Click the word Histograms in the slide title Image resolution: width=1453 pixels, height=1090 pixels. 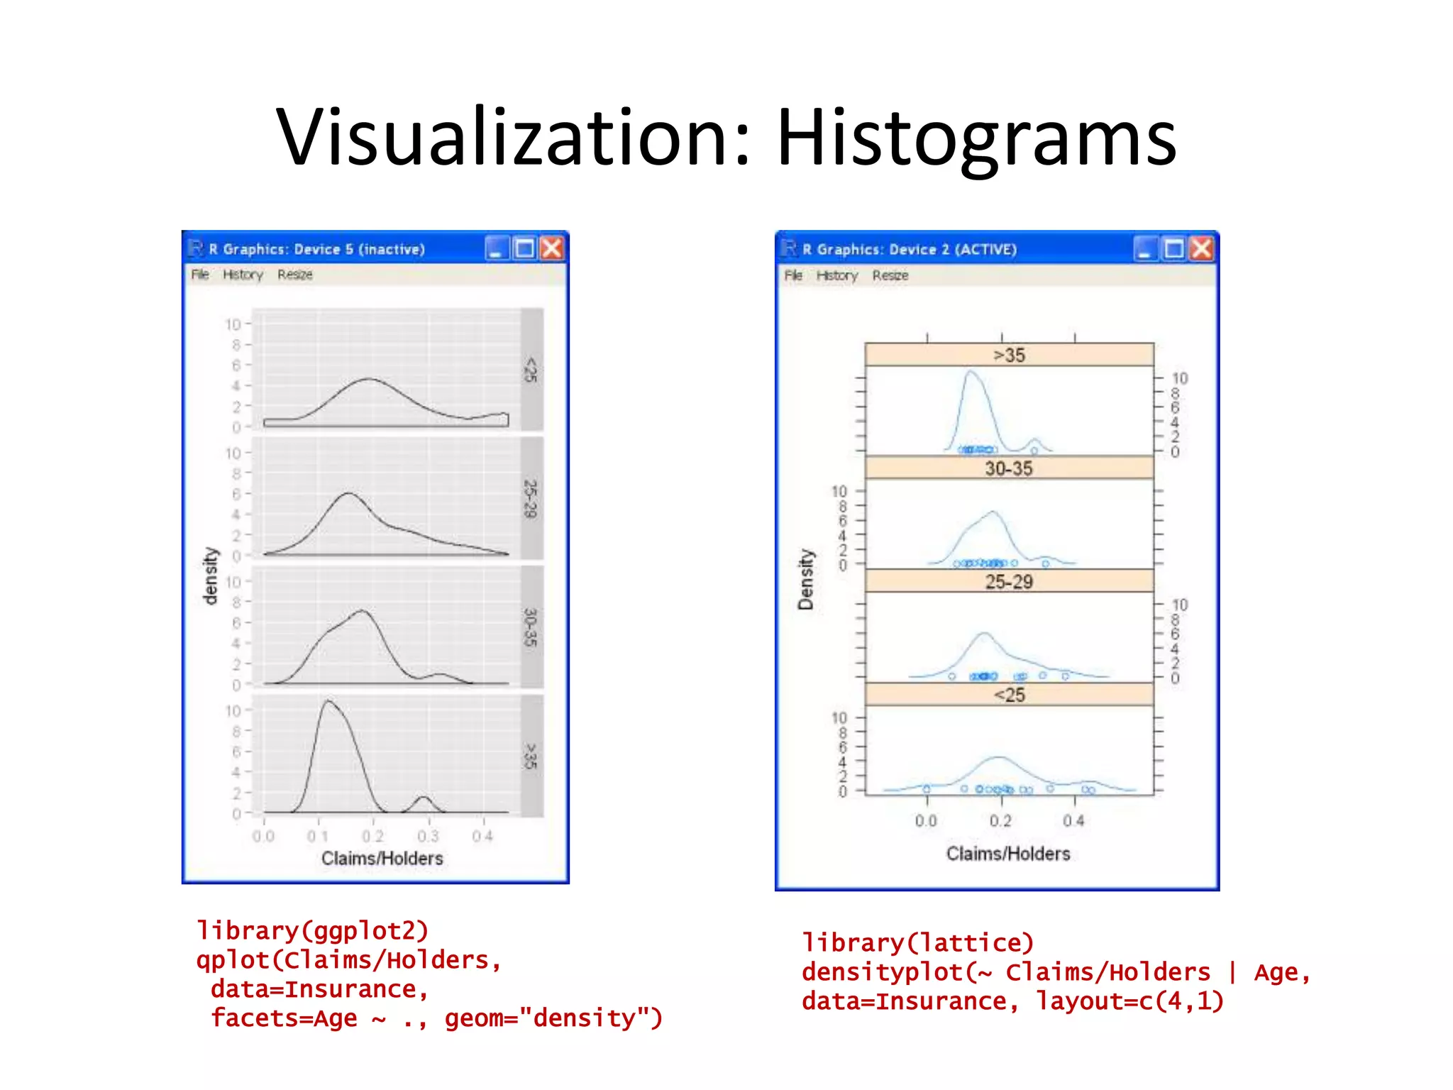[976, 138]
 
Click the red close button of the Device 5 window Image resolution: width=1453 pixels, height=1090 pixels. [551, 248]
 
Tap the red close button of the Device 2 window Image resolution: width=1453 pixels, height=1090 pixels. [1201, 249]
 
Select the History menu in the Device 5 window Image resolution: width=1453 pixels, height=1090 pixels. [243, 275]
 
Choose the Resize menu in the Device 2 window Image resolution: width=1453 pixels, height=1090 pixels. [890, 275]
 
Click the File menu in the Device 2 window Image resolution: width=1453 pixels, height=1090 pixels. [793, 275]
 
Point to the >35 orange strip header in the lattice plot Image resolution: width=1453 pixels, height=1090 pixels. [1009, 355]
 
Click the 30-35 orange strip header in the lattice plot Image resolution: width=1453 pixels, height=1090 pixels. [1009, 468]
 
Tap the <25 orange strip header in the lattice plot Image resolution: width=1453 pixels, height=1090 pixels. [1009, 695]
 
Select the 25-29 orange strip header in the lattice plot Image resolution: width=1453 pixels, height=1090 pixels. [1009, 582]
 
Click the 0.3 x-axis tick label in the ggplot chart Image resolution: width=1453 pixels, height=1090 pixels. [428, 836]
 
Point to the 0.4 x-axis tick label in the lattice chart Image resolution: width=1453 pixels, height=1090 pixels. [1073, 821]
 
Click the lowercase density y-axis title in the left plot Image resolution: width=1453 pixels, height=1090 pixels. [210, 576]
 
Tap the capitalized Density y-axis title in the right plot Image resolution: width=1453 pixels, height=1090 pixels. [805, 579]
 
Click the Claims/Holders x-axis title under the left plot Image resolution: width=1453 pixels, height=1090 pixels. [382, 859]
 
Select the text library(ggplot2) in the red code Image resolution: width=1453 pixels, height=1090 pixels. [313, 930]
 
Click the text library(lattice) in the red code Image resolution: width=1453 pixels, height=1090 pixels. [917, 942]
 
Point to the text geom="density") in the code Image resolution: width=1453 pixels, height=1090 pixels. [553, 1018]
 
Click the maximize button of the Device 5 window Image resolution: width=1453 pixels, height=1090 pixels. [524, 248]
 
